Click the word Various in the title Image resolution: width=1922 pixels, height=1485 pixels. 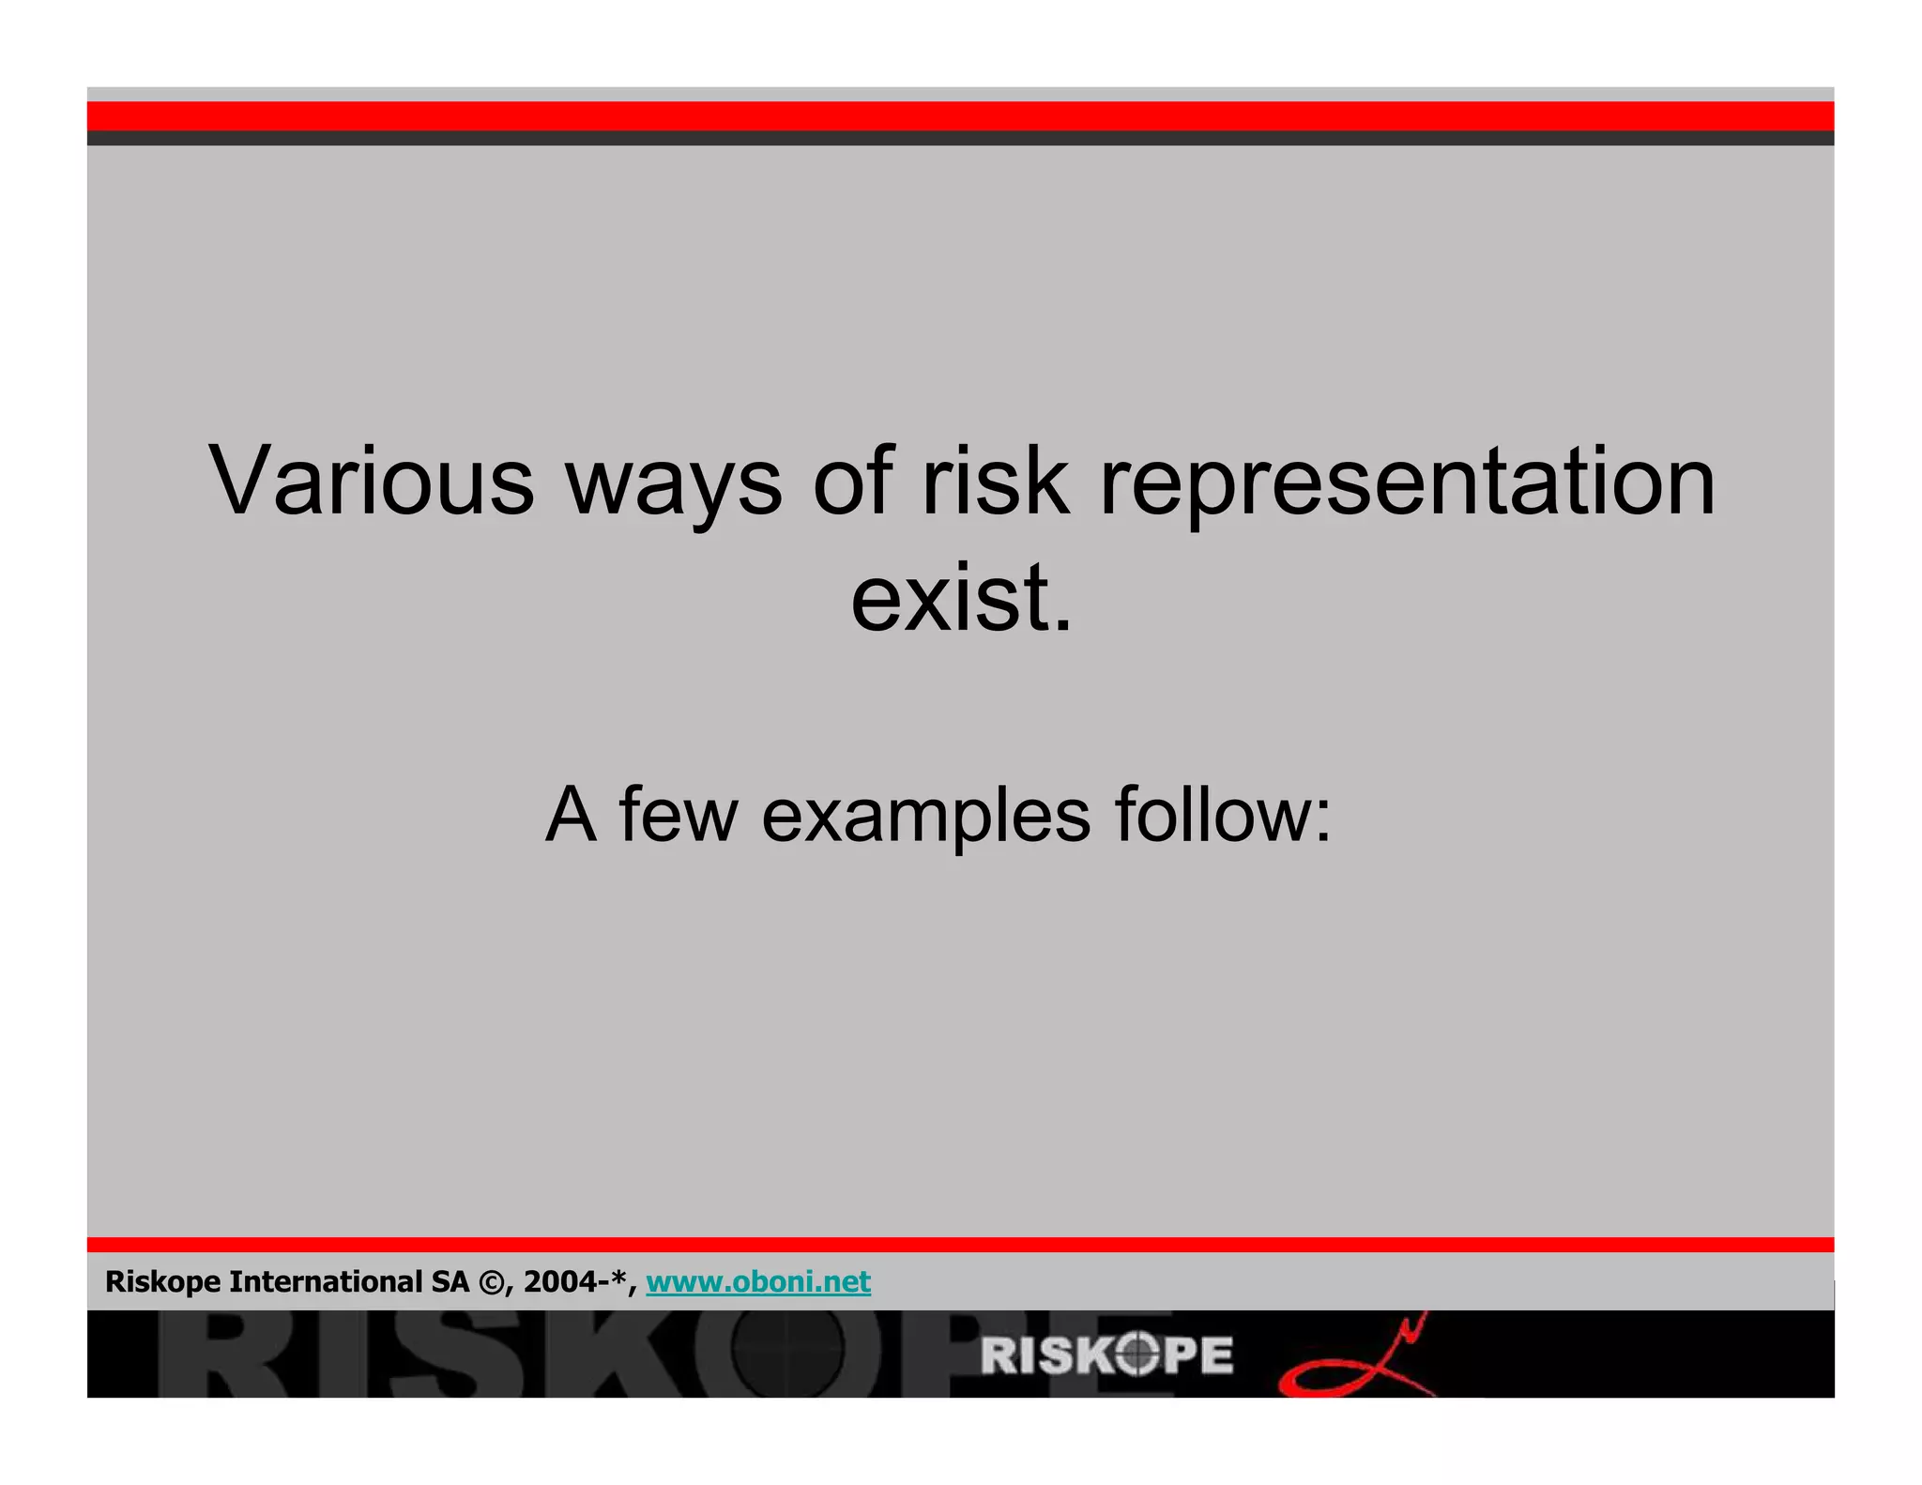tap(372, 481)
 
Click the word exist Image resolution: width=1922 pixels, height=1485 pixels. tap(961, 599)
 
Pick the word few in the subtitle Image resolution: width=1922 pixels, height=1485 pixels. tap(678, 814)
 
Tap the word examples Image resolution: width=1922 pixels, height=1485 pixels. tap(925, 814)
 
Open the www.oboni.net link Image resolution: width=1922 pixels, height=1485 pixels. tap(758, 1281)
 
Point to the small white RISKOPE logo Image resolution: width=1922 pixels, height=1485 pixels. tap(1106, 1355)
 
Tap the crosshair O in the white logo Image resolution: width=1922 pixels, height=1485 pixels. tap(1136, 1355)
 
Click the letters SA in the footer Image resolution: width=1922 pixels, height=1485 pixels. tap(450, 1281)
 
